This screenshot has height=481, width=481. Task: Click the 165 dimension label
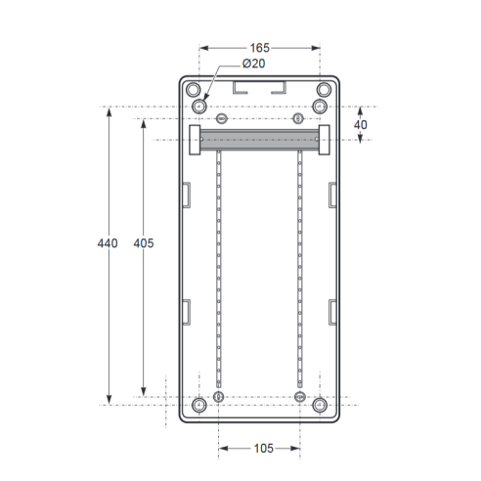(x=260, y=48)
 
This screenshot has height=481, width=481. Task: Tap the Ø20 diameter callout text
(x=253, y=64)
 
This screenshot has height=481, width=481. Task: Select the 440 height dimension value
(x=108, y=243)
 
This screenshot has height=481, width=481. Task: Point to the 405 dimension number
(x=144, y=243)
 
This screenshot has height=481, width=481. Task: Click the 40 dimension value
(x=361, y=125)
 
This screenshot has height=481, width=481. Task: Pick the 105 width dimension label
(x=263, y=449)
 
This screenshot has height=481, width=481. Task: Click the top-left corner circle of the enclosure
(x=193, y=90)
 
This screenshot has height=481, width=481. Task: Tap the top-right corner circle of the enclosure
(x=324, y=90)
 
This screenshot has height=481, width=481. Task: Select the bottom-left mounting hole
(x=199, y=405)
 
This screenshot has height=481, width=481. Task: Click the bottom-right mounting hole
(x=320, y=405)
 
